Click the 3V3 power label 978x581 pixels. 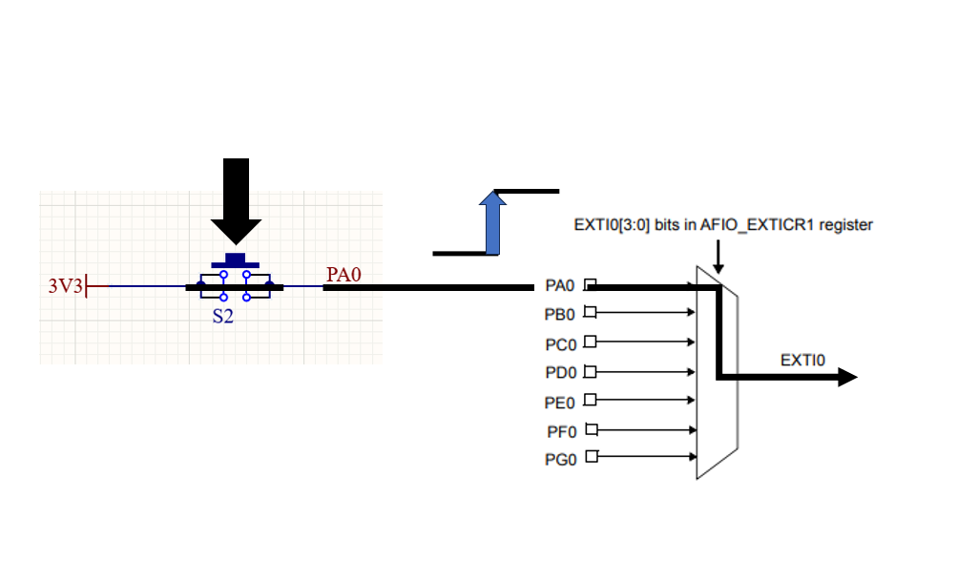click(66, 286)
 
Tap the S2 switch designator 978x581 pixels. click(222, 317)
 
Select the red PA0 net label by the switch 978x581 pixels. click(343, 275)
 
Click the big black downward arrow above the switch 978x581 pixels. click(236, 201)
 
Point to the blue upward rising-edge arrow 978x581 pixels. click(492, 222)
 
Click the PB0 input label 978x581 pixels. click(559, 315)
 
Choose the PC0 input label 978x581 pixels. click(561, 344)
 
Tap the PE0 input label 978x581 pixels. click(559, 404)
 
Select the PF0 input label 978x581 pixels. click(561, 431)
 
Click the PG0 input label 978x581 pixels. click(561, 460)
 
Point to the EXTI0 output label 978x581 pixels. click(802, 361)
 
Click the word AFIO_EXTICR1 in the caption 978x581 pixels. click(758, 224)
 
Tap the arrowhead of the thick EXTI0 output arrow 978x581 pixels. click(847, 377)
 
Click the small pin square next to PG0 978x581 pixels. click(592, 456)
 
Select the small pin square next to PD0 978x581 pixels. click(590, 372)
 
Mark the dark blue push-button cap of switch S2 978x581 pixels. click(235, 260)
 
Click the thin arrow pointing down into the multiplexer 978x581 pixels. click(718, 257)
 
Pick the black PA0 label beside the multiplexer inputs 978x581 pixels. click(559, 285)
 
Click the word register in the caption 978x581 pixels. click(845, 225)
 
